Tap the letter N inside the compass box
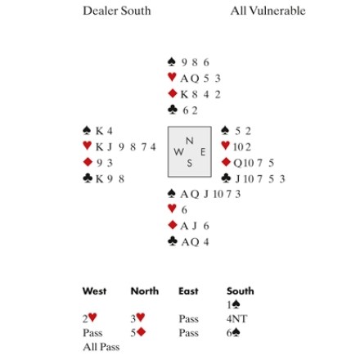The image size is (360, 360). click(x=190, y=141)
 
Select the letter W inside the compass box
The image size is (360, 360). click(x=178, y=152)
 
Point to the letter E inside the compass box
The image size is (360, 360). click(x=203, y=152)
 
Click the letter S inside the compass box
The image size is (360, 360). click(x=190, y=163)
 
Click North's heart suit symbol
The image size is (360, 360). click(x=172, y=77)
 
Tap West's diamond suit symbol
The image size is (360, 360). click(x=88, y=162)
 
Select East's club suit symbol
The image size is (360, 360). click(x=227, y=178)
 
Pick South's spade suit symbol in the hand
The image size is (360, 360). click(x=171, y=193)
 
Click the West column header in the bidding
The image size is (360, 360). click(x=94, y=291)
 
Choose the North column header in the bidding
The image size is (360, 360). click(x=145, y=291)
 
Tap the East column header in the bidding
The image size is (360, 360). click(x=188, y=291)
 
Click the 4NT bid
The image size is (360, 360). click(x=236, y=318)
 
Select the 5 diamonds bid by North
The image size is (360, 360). click(x=138, y=332)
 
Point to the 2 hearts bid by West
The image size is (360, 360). click(x=90, y=318)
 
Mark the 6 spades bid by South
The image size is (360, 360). click(x=233, y=333)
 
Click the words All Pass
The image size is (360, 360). click(x=101, y=347)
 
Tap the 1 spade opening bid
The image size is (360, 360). click(x=233, y=304)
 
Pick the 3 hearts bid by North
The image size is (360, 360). click(x=137, y=318)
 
